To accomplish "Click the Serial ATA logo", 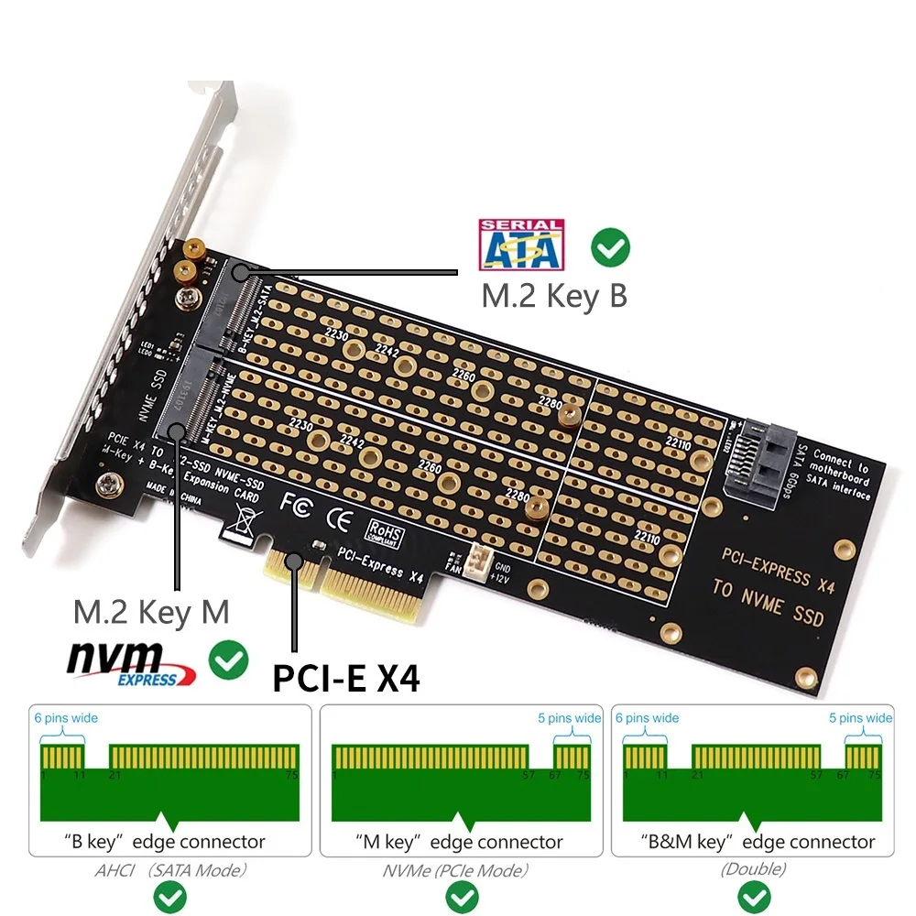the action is [521, 245].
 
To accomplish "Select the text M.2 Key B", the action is [554, 296].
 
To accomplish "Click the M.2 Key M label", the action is [151, 611].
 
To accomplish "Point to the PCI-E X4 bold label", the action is [346, 678].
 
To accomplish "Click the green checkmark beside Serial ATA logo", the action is [610, 247].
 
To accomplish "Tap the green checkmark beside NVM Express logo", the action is [228, 660].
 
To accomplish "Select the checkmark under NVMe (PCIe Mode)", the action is [458, 894].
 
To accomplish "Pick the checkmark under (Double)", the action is [754, 894].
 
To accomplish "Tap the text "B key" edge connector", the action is [165, 842].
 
